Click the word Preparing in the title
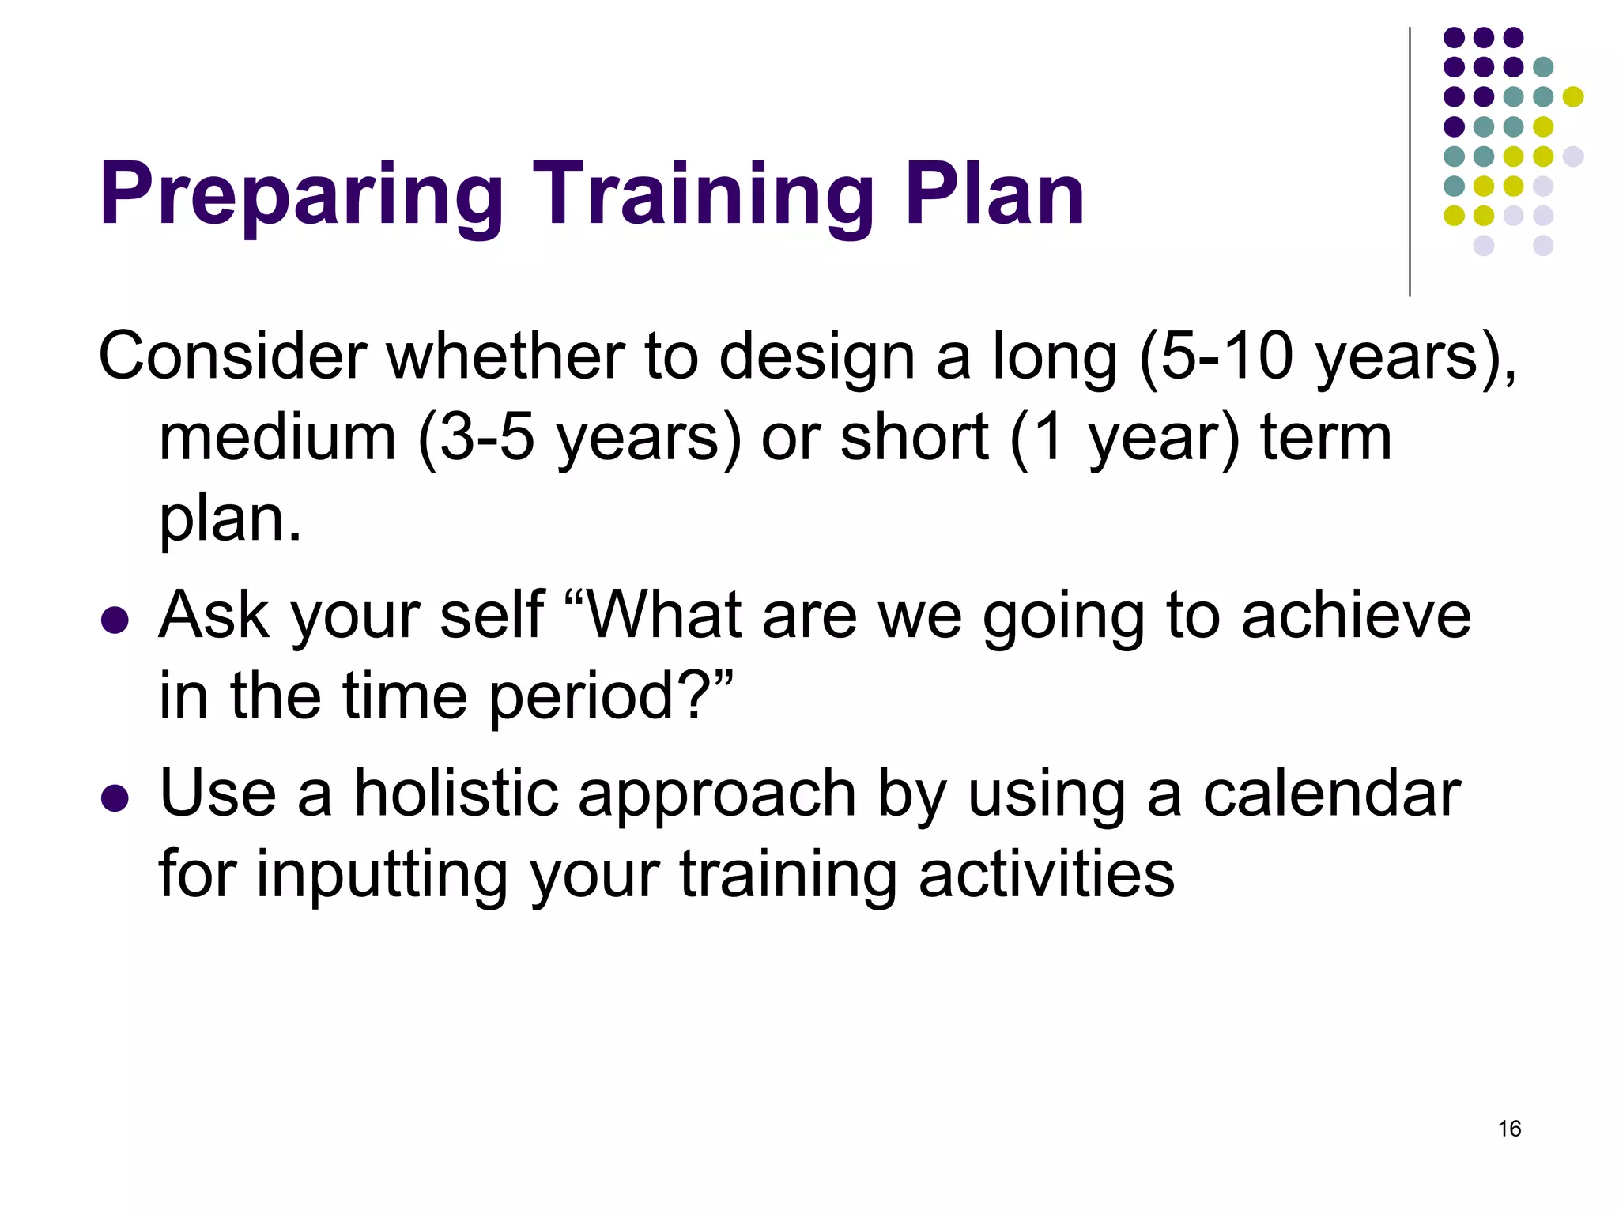(300, 196)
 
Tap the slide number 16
(1509, 1129)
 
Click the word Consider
(232, 356)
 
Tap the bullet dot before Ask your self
(115, 620)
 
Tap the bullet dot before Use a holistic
(115, 798)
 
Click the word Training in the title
(704, 196)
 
